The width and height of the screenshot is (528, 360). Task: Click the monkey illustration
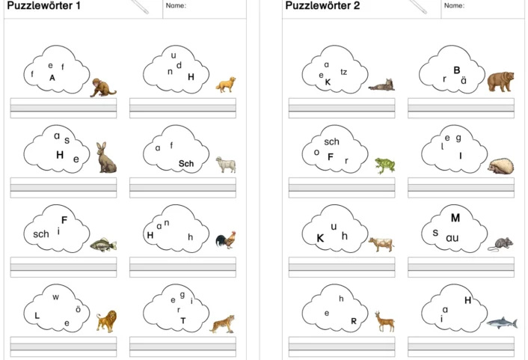click(x=102, y=88)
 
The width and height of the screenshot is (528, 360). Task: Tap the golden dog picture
click(x=226, y=85)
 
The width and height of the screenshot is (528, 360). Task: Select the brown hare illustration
click(x=106, y=157)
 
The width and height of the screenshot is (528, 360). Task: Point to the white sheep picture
click(x=226, y=164)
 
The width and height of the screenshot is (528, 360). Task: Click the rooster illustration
click(x=226, y=240)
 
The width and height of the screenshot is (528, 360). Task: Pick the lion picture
click(x=107, y=321)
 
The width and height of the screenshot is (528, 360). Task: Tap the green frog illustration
click(x=385, y=165)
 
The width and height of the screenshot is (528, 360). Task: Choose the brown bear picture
click(x=501, y=82)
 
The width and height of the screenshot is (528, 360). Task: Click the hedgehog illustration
click(x=501, y=166)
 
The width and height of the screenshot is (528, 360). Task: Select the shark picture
click(x=502, y=323)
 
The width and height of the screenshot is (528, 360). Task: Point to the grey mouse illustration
click(x=501, y=244)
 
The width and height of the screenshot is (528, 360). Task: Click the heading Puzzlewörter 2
click(x=322, y=5)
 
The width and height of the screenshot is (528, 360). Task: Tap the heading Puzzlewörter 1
click(x=43, y=5)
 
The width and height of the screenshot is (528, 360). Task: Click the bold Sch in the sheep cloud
click(x=186, y=163)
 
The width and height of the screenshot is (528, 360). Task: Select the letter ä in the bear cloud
click(x=464, y=81)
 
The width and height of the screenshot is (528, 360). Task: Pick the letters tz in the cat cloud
click(x=343, y=72)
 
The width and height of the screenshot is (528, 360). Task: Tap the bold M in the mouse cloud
click(x=455, y=218)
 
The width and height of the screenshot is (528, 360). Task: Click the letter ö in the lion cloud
click(x=78, y=309)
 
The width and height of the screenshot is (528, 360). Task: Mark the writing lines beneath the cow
click(x=342, y=267)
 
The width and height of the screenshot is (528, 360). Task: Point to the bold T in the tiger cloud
click(x=182, y=320)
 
